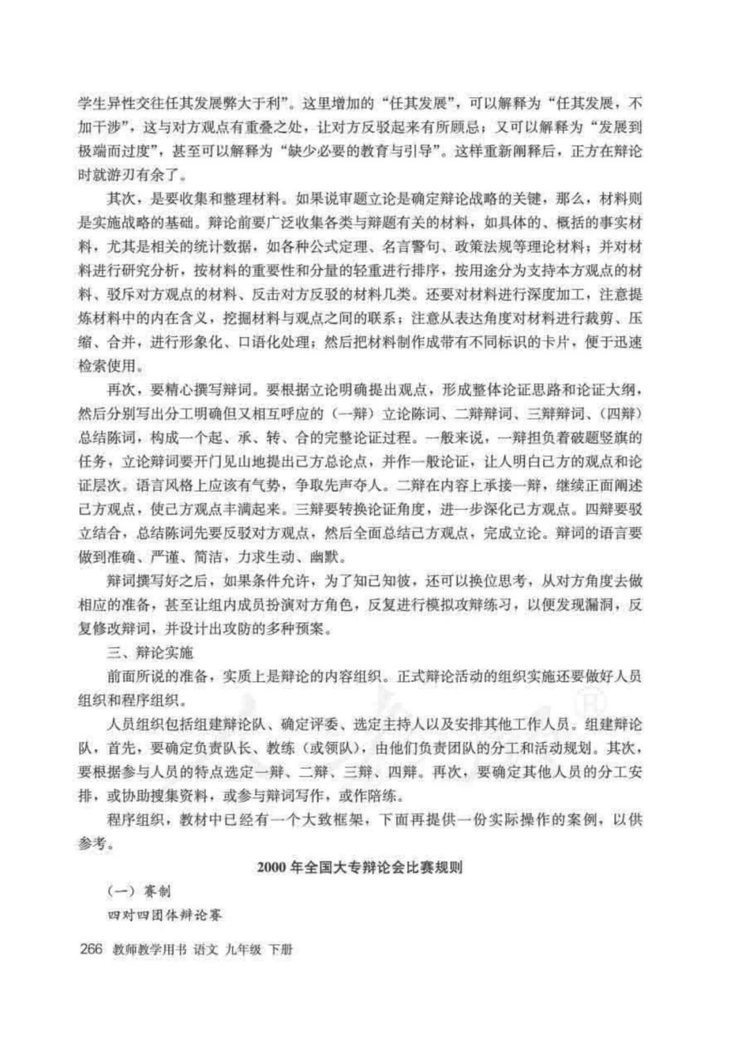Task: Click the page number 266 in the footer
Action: pos(92,948)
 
